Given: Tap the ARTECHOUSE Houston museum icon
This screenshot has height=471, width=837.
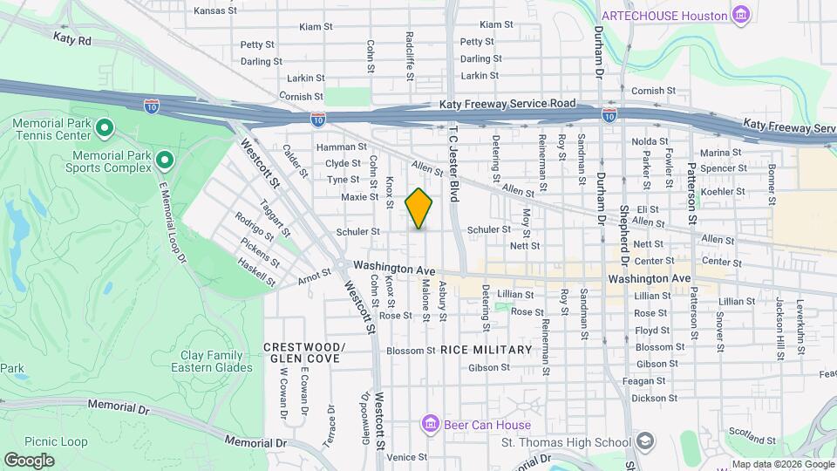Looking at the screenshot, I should pos(741,15).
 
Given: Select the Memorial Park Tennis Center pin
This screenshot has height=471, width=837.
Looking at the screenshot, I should pos(105,130).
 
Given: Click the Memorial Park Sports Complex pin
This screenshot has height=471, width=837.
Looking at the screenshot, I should pos(163,160).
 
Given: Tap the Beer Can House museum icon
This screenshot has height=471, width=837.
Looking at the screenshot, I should pos(429,425).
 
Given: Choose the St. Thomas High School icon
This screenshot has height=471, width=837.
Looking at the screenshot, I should pos(644,440).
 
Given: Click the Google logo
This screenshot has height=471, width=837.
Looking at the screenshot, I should pos(29,460).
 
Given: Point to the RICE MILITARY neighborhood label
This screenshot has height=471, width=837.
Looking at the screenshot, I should pos(486,350).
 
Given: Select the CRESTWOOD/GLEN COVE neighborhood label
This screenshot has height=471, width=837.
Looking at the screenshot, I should pos(304,352).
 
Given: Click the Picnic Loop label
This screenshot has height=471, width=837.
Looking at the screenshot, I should pos(56,442).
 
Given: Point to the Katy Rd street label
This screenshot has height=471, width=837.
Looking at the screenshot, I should pos(71,39).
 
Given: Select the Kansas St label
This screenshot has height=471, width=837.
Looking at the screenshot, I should pos(214,11).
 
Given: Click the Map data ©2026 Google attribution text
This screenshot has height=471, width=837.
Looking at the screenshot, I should pos(782,464).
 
